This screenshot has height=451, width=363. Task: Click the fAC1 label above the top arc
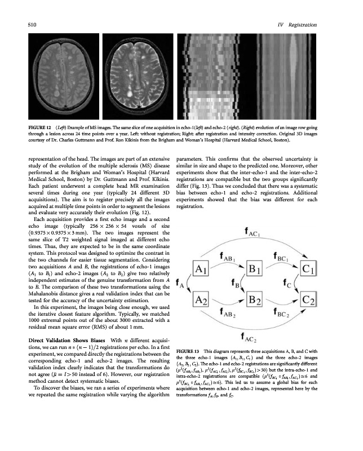(262, 232)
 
